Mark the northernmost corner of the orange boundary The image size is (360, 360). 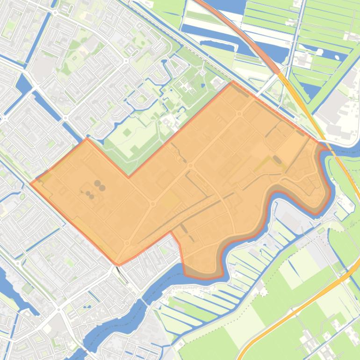(233, 81)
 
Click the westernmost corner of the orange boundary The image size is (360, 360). (31, 183)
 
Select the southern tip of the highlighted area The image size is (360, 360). (118, 265)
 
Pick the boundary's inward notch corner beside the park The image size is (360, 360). (129, 177)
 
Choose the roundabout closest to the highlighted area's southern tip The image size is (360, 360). (127, 243)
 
